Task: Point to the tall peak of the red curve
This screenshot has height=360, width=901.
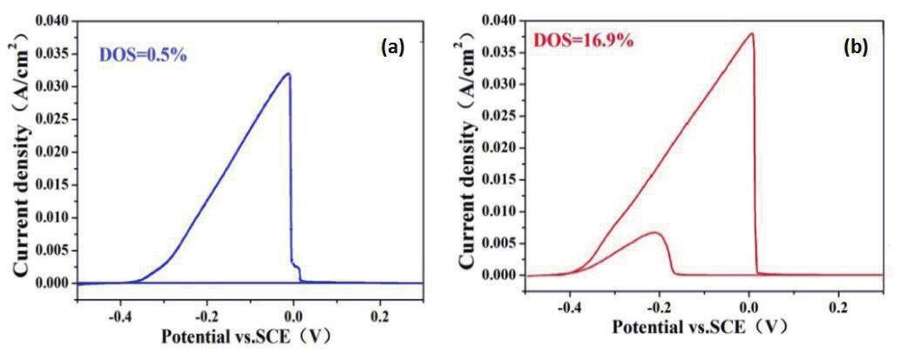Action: click(750, 34)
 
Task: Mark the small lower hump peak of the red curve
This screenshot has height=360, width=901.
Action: click(656, 233)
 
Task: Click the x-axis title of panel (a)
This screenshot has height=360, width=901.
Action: click(241, 336)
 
